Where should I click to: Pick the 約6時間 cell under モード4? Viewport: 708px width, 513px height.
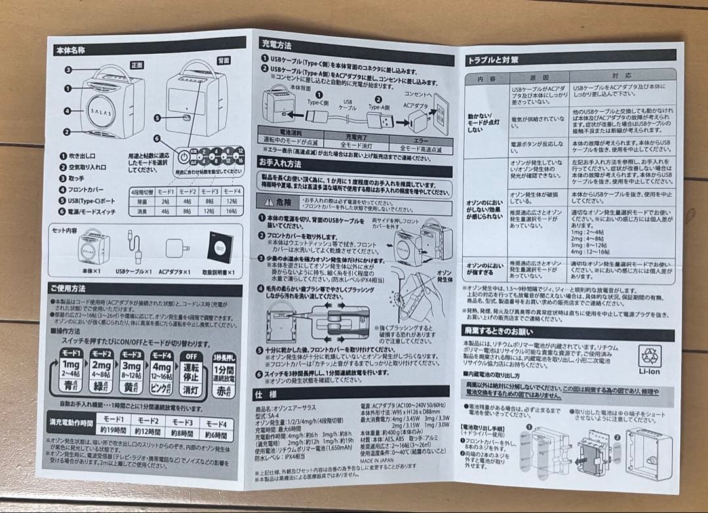coord(216,435)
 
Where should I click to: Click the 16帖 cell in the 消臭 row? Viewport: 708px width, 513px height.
coord(231,211)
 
